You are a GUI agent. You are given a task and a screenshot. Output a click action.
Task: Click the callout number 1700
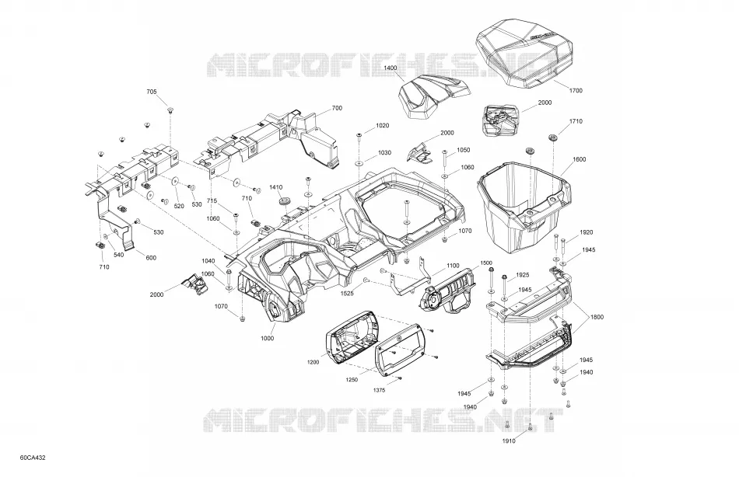pyautogui.click(x=576, y=90)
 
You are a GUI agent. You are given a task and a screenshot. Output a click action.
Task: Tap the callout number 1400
pyautogui.click(x=391, y=68)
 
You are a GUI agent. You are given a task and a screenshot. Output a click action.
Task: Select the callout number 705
pyautogui.click(x=151, y=92)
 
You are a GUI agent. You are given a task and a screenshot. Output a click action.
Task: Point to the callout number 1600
pyautogui.click(x=580, y=159)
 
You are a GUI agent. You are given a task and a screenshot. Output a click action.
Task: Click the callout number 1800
pyautogui.click(x=597, y=317)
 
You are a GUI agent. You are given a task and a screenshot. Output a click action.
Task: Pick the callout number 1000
pyautogui.click(x=267, y=338)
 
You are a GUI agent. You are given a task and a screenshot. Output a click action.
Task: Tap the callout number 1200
pyautogui.click(x=313, y=362)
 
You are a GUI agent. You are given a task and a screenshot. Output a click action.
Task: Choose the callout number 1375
pyautogui.click(x=379, y=390)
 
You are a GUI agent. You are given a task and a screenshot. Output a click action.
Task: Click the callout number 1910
pyautogui.click(x=509, y=440)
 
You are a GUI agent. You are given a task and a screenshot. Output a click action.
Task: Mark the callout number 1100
pyautogui.click(x=453, y=266)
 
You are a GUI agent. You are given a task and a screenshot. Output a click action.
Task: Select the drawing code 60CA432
pyautogui.click(x=33, y=458)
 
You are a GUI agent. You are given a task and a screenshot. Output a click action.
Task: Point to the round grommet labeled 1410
pyautogui.click(x=285, y=201)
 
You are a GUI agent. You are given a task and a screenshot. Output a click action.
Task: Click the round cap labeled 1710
pyautogui.click(x=552, y=138)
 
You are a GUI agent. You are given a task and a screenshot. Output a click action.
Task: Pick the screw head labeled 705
pyautogui.click(x=168, y=110)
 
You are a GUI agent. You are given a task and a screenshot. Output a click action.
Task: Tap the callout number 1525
pyautogui.click(x=348, y=293)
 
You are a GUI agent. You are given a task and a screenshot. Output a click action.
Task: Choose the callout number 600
pyautogui.click(x=151, y=258)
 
